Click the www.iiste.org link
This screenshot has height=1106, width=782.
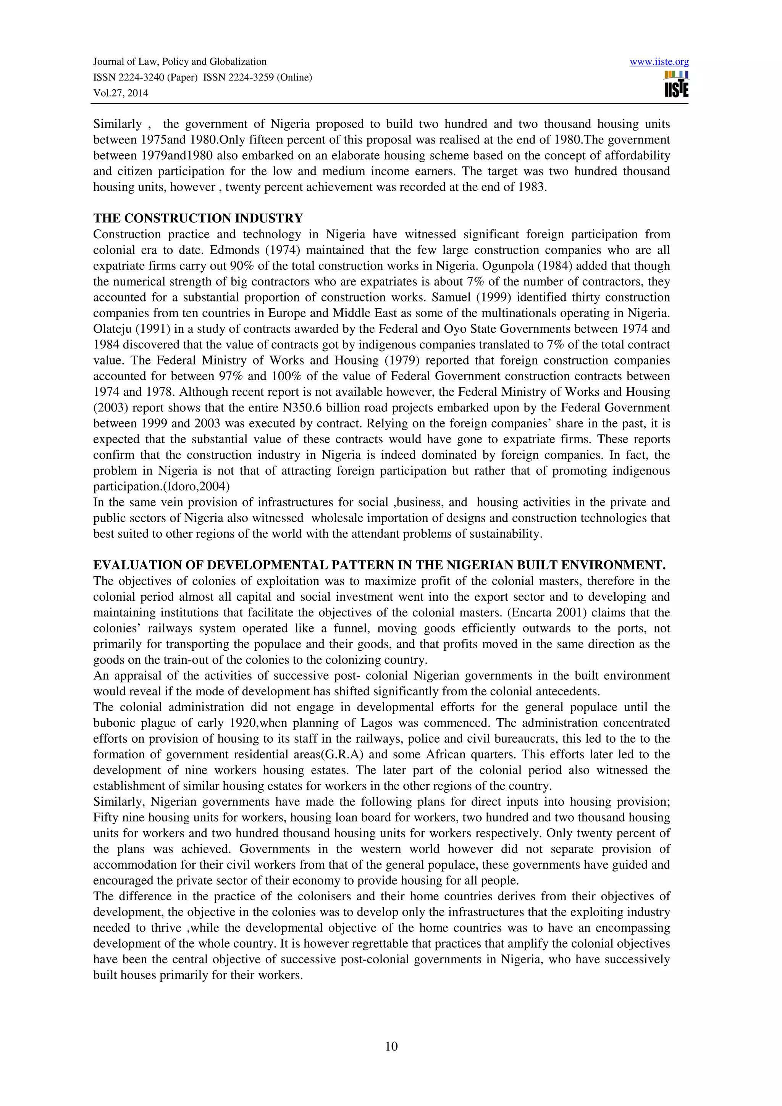(659, 62)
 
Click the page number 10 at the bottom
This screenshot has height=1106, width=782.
(391, 1046)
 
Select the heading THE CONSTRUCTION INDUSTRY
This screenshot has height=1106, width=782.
(198, 218)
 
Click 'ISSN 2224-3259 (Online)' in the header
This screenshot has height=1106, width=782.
(257, 77)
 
